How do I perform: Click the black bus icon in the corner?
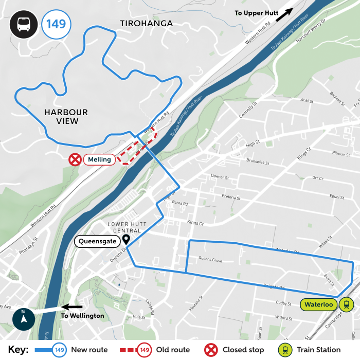(x=23, y=24)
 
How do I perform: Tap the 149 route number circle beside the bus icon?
(x=56, y=24)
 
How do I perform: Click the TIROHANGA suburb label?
(x=147, y=24)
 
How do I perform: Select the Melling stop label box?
(x=99, y=159)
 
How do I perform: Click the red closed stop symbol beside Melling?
(x=76, y=159)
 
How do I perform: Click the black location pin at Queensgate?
(x=125, y=240)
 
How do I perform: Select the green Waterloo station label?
(x=319, y=304)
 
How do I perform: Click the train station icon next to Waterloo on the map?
(x=347, y=304)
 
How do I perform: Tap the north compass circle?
(x=24, y=319)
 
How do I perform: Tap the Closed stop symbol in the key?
(x=211, y=350)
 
